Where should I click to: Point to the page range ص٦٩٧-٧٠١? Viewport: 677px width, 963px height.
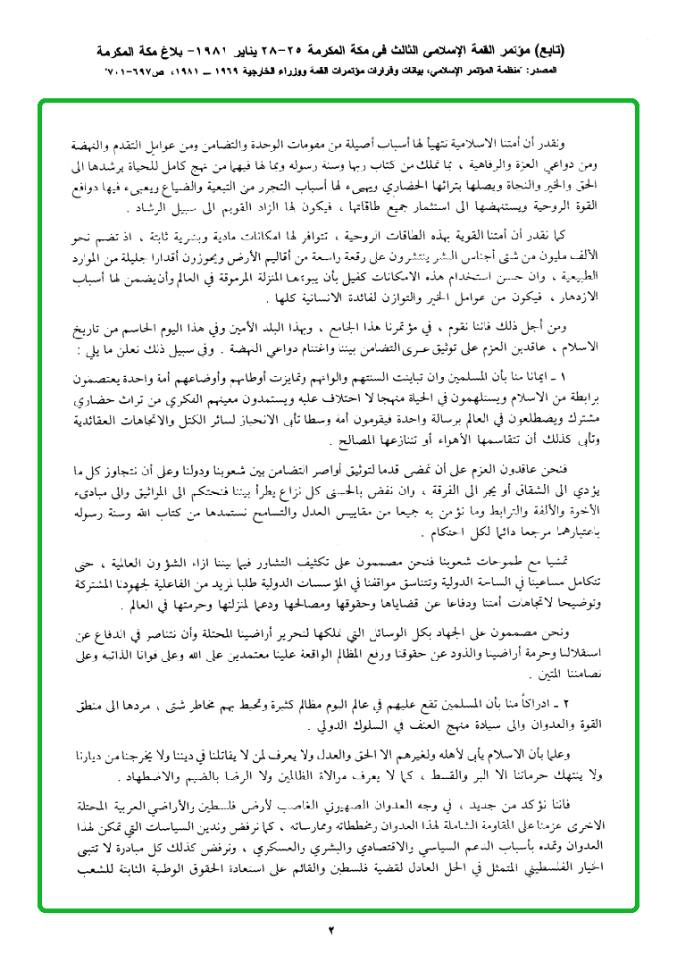tap(131, 69)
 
